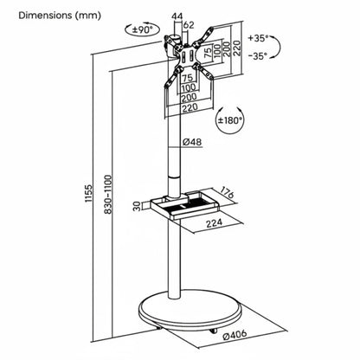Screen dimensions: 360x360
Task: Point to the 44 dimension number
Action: tap(177, 15)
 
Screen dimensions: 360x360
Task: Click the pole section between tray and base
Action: tap(177, 260)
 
